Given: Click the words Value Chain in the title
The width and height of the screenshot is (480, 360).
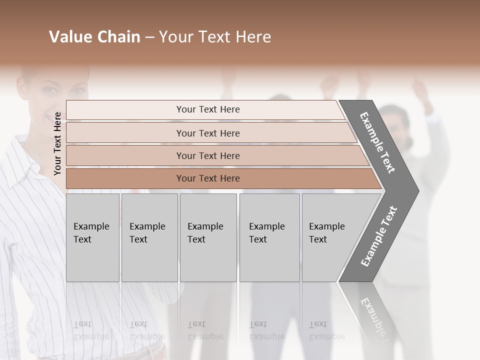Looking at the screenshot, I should click(x=94, y=37).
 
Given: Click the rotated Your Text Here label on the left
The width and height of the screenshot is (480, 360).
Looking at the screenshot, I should click(x=57, y=143).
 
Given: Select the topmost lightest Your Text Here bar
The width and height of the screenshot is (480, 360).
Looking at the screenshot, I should click(x=207, y=109).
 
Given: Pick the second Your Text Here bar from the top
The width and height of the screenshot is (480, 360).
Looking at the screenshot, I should click(x=207, y=133).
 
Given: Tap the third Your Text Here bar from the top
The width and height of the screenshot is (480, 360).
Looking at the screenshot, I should click(x=207, y=155).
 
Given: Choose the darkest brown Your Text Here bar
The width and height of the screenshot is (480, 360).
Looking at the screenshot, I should click(x=207, y=178).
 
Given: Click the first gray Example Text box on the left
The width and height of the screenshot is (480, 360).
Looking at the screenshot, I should click(x=92, y=237).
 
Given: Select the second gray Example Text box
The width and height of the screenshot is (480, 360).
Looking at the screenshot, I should click(x=149, y=237).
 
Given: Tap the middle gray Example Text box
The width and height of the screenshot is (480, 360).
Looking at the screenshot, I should click(x=208, y=237).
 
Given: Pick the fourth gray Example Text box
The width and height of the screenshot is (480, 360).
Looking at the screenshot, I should click(x=269, y=237).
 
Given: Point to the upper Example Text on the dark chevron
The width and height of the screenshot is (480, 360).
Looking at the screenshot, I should click(x=377, y=142).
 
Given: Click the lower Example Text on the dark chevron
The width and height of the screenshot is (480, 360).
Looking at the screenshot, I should click(x=379, y=236).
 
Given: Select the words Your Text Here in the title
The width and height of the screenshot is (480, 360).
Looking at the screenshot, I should click(x=215, y=37).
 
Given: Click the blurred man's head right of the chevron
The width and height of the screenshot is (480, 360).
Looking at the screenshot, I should click(x=395, y=120).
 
